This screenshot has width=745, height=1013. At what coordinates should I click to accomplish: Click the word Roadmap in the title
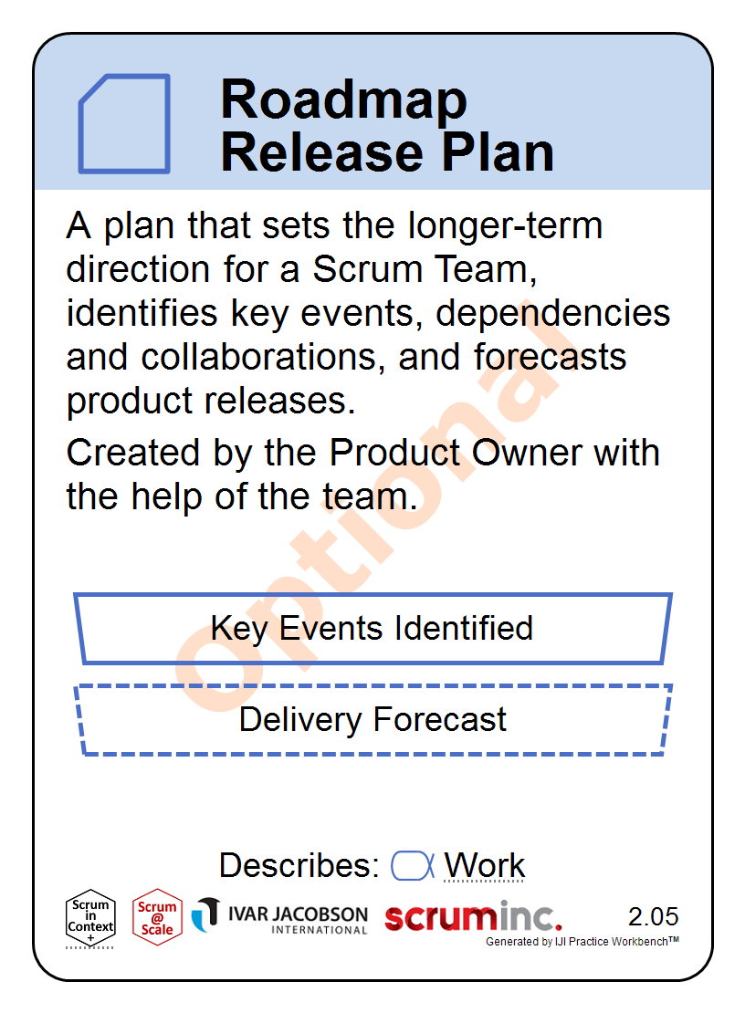[x=343, y=100]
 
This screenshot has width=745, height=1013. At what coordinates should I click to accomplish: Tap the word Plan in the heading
[x=498, y=152]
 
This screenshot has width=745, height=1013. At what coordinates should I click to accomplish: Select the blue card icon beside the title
[x=124, y=123]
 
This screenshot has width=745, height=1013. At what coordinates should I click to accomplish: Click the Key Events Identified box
[x=372, y=629]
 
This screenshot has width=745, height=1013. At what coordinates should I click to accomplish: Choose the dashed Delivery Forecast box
[x=372, y=720]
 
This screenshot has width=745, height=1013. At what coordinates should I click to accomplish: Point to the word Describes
[x=299, y=866]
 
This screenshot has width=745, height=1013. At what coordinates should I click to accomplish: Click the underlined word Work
[x=485, y=866]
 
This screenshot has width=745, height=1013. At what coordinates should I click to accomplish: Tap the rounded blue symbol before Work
[x=413, y=866]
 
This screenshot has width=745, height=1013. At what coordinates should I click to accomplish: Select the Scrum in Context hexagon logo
[x=90, y=919]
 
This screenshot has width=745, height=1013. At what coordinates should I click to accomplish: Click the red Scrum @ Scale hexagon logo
[x=156, y=917]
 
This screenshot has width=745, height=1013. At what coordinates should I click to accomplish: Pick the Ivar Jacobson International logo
[x=279, y=916]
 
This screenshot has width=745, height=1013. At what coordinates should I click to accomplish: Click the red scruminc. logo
[x=473, y=917]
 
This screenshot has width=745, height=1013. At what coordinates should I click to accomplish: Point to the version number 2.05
[x=654, y=916]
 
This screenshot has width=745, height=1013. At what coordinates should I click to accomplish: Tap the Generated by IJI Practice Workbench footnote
[x=582, y=941]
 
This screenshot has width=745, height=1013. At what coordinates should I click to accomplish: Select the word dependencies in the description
[x=553, y=314]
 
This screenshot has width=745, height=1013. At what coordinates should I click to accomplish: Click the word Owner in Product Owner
[x=527, y=453]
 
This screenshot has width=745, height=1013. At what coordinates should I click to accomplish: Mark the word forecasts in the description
[x=550, y=357]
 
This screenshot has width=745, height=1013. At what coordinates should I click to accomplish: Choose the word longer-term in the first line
[x=505, y=226]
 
